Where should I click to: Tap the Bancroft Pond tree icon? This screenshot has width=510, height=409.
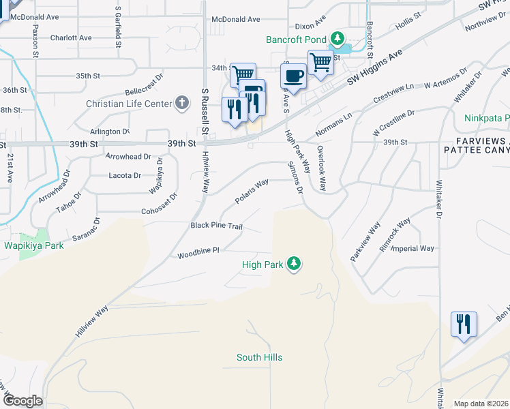point(336,38)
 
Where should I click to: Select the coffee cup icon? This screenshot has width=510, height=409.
point(293,76)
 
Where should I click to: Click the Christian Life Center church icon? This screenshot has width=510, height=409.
point(181,104)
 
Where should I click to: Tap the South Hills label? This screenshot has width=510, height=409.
point(259,357)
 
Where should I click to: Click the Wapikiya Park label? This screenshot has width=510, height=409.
point(34,245)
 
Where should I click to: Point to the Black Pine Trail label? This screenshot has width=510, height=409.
point(217,226)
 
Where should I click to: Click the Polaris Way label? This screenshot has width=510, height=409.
point(251,191)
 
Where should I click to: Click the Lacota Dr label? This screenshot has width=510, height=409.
point(125,175)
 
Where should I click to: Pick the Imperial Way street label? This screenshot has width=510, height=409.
point(416,249)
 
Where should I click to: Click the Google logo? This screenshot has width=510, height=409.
point(22,401)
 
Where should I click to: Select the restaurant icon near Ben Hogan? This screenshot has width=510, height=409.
point(464,324)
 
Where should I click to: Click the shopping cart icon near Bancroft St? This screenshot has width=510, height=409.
point(320,63)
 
